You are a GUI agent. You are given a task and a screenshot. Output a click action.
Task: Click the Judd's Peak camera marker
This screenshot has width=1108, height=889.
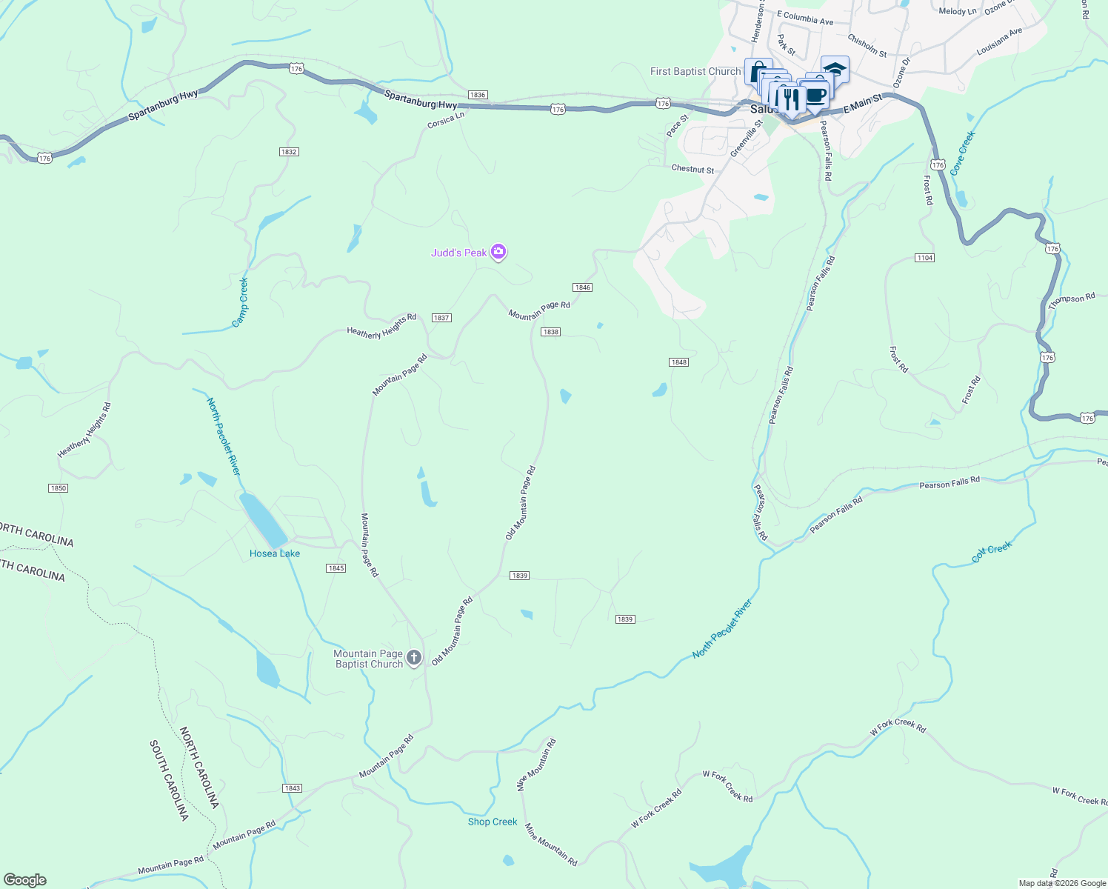coord(498,253)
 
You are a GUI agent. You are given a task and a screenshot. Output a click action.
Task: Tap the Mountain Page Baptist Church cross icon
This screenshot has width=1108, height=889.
coord(414,658)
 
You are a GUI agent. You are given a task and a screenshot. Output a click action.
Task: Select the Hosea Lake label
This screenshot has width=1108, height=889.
coord(275,553)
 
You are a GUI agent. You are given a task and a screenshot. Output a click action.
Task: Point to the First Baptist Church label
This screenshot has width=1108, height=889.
coord(695,72)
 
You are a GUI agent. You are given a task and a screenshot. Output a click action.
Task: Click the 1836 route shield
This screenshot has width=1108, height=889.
coord(478,95)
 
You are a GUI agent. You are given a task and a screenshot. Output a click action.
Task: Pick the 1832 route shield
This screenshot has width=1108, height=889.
coord(289,152)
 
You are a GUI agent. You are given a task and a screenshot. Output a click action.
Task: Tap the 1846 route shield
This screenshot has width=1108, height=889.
coord(582,287)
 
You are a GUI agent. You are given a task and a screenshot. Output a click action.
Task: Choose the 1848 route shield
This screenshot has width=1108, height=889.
coord(678,362)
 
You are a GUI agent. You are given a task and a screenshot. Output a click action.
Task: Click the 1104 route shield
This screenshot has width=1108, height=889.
coord(924,258)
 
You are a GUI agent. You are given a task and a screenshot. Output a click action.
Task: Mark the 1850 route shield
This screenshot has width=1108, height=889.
coord(58,488)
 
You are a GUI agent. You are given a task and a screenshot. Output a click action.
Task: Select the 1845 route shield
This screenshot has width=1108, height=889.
coord(336,568)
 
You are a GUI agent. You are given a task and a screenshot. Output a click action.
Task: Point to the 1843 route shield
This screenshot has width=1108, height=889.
coord(293,788)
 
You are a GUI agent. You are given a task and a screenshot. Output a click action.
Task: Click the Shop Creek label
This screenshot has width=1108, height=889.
coord(493,822)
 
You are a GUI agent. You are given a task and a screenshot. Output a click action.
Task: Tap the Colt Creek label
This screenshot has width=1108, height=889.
coord(992,552)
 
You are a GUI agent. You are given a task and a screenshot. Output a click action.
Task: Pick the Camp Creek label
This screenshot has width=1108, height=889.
coord(241,302)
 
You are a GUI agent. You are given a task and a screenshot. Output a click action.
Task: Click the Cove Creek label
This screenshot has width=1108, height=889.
coord(963,153)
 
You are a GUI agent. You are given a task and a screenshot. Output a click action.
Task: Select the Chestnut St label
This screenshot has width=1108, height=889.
coord(692,170)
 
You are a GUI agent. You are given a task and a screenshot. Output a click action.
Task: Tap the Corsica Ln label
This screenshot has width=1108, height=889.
coord(446,120)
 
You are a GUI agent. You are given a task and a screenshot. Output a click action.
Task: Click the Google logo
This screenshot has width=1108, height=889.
coord(25,880)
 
